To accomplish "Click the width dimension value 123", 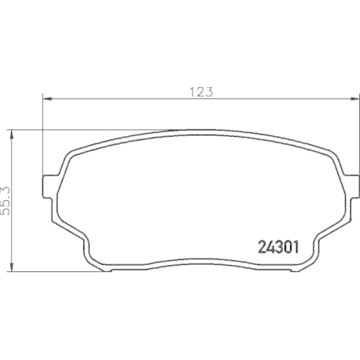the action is tap(201, 91).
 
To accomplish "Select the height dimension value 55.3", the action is tap(6, 197).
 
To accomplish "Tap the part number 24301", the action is tap(278, 248).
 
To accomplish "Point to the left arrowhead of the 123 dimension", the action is tap(48, 99).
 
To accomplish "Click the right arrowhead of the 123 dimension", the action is tap(354, 99).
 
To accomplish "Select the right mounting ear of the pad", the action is tap(351, 186).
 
